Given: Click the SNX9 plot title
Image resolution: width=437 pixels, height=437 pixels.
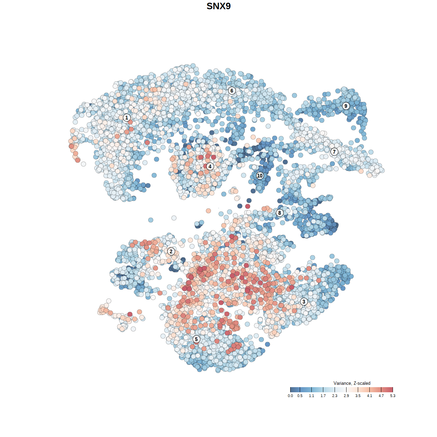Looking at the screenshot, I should tap(218, 6).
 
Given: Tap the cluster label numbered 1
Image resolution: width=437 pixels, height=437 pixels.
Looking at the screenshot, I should tap(127, 117).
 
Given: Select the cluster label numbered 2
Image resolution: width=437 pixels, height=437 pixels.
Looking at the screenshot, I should tap(171, 252).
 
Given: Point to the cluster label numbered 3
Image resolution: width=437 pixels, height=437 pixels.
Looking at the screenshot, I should tap(304, 301).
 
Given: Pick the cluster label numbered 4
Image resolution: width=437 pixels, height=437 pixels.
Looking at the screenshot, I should tap(210, 166).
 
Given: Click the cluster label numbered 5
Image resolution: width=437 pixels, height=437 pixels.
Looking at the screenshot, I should tap(196, 339).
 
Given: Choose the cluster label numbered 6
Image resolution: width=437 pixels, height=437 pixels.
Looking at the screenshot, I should tap(232, 90).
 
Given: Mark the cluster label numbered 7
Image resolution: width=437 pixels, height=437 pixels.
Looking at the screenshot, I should tap(334, 152).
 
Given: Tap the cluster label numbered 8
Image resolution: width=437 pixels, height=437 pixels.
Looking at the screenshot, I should tap(280, 213).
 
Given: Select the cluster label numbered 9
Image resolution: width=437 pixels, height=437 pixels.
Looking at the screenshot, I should tap(346, 106).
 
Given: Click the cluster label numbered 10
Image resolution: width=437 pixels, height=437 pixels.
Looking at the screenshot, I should tap(260, 175).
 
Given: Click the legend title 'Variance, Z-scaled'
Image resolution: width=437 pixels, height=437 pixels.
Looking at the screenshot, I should tap(352, 383).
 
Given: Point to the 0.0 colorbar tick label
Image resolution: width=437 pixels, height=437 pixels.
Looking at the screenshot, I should tap(290, 396).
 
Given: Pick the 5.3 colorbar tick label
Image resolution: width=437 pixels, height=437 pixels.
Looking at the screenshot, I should tap(393, 396).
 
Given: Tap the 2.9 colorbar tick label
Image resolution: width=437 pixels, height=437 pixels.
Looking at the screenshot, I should tap(346, 396).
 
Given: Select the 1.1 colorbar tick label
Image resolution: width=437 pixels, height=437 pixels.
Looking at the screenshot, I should tap(311, 396).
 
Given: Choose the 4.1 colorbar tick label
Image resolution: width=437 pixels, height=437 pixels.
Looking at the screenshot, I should tap(369, 396).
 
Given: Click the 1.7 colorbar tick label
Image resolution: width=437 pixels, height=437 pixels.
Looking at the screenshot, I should tap(323, 396).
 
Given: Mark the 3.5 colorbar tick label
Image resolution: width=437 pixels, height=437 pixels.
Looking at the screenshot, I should tap(358, 396).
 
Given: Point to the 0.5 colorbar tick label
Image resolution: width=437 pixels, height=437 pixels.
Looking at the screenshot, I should tap(300, 396).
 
